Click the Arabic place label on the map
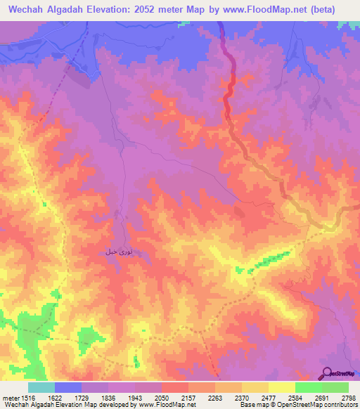pyautogui.click(x=117, y=251)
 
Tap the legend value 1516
pyautogui.click(x=28, y=397)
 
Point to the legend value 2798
pyautogui.click(x=349, y=397)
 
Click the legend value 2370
pyautogui.click(x=242, y=397)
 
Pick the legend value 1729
pyautogui.click(x=82, y=397)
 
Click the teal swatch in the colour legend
pyautogui.click(x=41, y=387)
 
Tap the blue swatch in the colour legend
pyautogui.click(x=68, y=387)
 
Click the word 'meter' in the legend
pyautogui.click(x=10, y=397)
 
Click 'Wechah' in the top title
pyautogui.click(x=29, y=9)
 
